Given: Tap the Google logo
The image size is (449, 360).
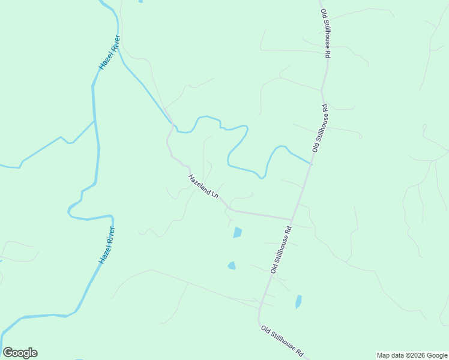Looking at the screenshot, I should pos(20,353).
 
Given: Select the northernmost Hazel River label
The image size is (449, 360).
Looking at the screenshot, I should pos(110,52).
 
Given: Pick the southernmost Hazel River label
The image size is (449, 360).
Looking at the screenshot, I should pos(106,245).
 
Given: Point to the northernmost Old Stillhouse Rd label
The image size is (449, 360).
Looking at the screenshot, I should pos(325,34).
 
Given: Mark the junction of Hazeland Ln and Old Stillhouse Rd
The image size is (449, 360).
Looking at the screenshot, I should pos(292,219).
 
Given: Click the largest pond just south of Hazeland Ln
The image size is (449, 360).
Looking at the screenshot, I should pos(238,233).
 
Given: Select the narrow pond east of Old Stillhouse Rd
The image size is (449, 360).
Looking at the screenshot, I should pos(298,301).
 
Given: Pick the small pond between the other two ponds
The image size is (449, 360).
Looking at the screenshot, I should pos(232,265).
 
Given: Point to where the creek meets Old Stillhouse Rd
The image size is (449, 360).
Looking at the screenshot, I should pos(312,163).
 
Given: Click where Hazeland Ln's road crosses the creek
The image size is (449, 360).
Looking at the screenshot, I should pos(173,126).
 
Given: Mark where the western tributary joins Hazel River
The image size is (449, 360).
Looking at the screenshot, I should pos(94,121).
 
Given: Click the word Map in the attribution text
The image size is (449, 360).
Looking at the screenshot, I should pos(384,355).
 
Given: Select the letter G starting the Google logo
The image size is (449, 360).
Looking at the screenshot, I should pos(8,353).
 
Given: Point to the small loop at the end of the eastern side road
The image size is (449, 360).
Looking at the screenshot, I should pos(424,127).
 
